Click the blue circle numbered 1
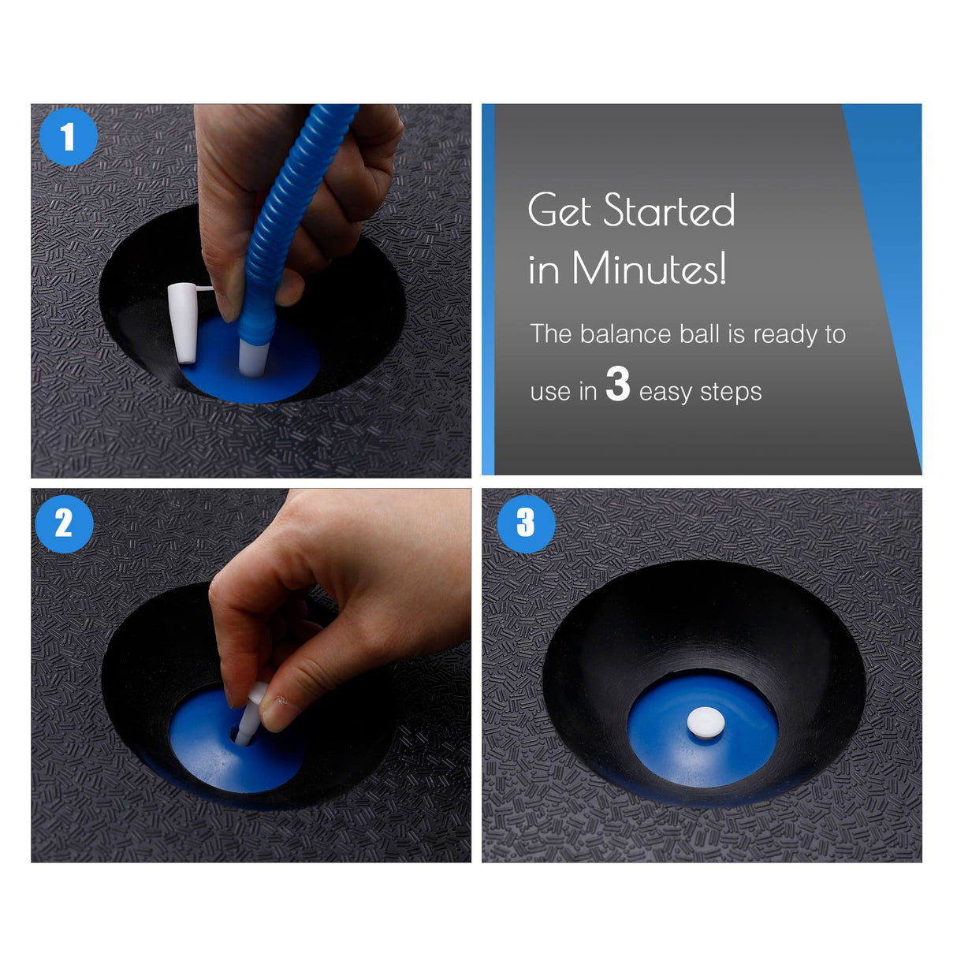69,136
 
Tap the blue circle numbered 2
64,523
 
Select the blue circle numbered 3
526,522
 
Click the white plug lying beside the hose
183,323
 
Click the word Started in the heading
669,210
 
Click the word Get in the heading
560,210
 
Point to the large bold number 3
617,384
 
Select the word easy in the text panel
665,392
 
